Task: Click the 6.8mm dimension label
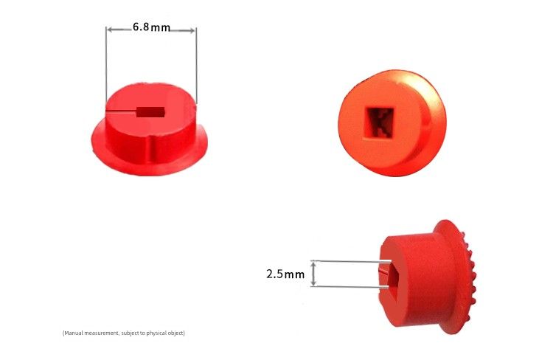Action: pyautogui.click(x=152, y=27)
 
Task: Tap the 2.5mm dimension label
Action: pyautogui.click(x=285, y=274)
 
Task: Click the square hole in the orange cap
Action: pyautogui.click(x=380, y=122)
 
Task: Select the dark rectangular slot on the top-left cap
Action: pyautogui.click(x=150, y=112)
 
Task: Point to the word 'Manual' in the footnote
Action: pyautogui.click(x=73, y=333)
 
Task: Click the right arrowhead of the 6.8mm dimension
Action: pyautogui.click(x=192, y=30)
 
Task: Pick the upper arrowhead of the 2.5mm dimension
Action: pyautogui.click(x=313, y=263)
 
